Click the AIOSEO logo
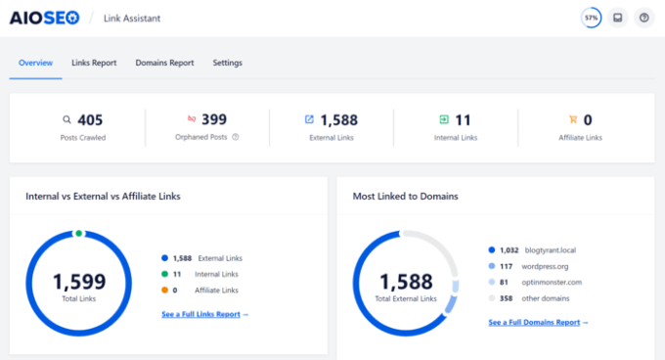tap(45, 18)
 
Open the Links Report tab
tap(94, 63)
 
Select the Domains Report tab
tap(164, 63)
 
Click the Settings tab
tap(228, 63)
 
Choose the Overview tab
tap(35, 63)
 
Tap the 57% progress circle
tap(591, 18)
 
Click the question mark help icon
tap(643, 18)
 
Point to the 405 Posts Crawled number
tap(90, 120)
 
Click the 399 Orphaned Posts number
tap(214, 120)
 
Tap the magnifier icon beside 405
tap(66, 120)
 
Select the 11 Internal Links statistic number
tap(463, 120)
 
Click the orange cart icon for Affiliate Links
tap(572, 120)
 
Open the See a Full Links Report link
tap(204, 314)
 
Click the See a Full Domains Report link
tap(537, 322)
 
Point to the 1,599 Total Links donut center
tap(78, 285)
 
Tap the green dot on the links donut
tap(78, 233)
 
